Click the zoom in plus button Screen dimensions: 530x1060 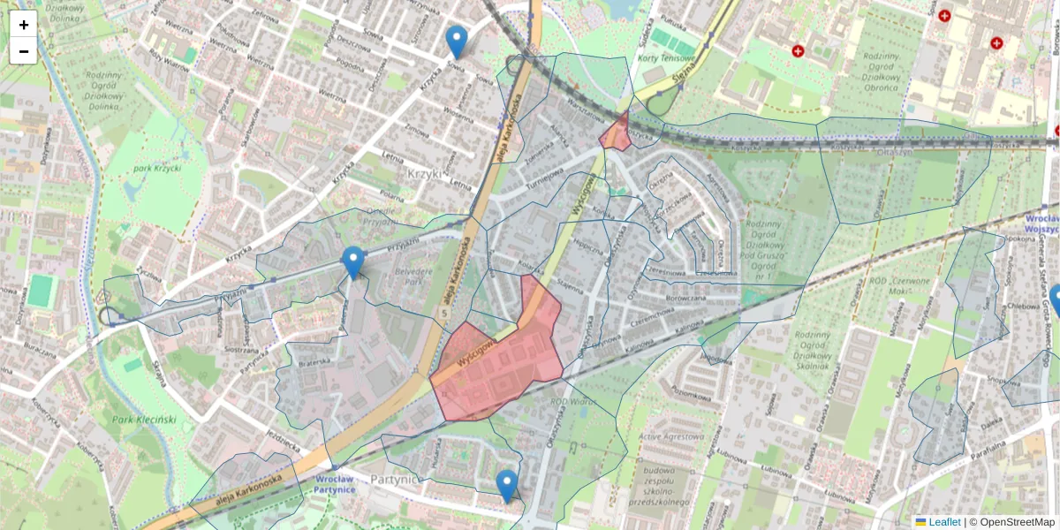point(24,25)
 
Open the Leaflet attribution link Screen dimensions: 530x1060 point(943,522)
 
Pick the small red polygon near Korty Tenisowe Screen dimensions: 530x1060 point(616,133)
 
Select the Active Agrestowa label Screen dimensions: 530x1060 point(674,435)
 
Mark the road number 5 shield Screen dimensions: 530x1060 point(446,311)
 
